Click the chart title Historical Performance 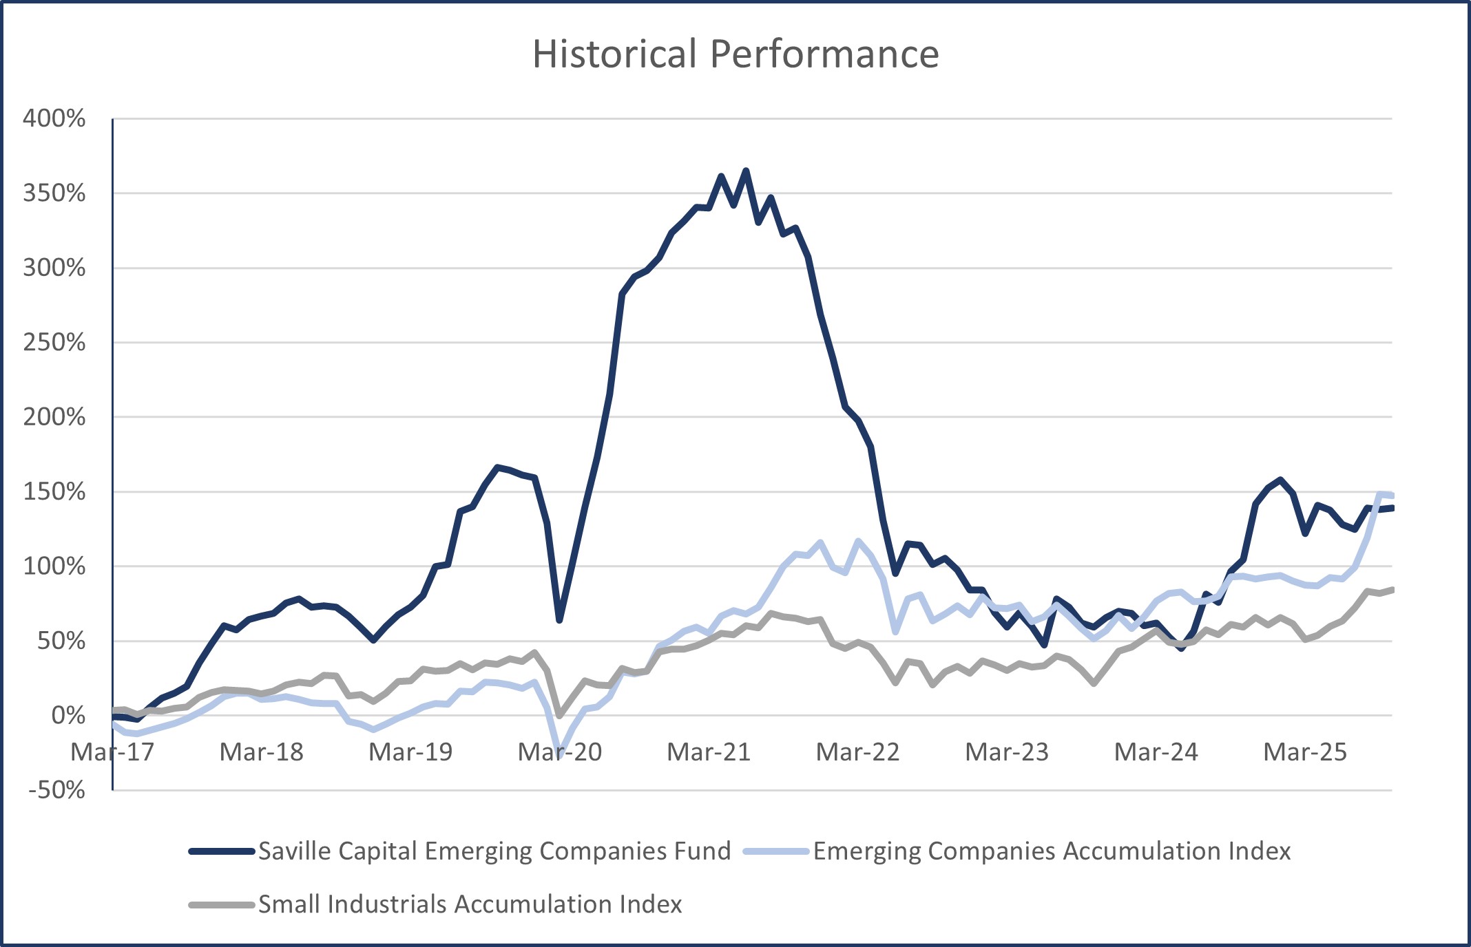tap(735, 54)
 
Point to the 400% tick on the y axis tap(54, 118)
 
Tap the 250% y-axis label tap(54, 342)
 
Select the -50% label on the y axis tap(57, 790)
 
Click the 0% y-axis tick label tap(68, 716)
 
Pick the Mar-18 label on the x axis tap(262, 752)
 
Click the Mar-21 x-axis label tap(709, 752)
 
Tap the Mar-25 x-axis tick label tap(1305, 752)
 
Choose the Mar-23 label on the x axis tap(1007, 752)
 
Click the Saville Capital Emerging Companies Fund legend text tap(494, 851)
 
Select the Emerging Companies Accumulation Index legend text tap(1052, 851)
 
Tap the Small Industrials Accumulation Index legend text tap(470, 904)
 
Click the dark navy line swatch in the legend tap(222, 852)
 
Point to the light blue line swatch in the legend tap(776, 852)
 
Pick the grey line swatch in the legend tap(222, 905)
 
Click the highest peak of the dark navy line tap(746, 170)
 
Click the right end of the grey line tap(1392, 589)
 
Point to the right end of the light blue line tap(1392, 496)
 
